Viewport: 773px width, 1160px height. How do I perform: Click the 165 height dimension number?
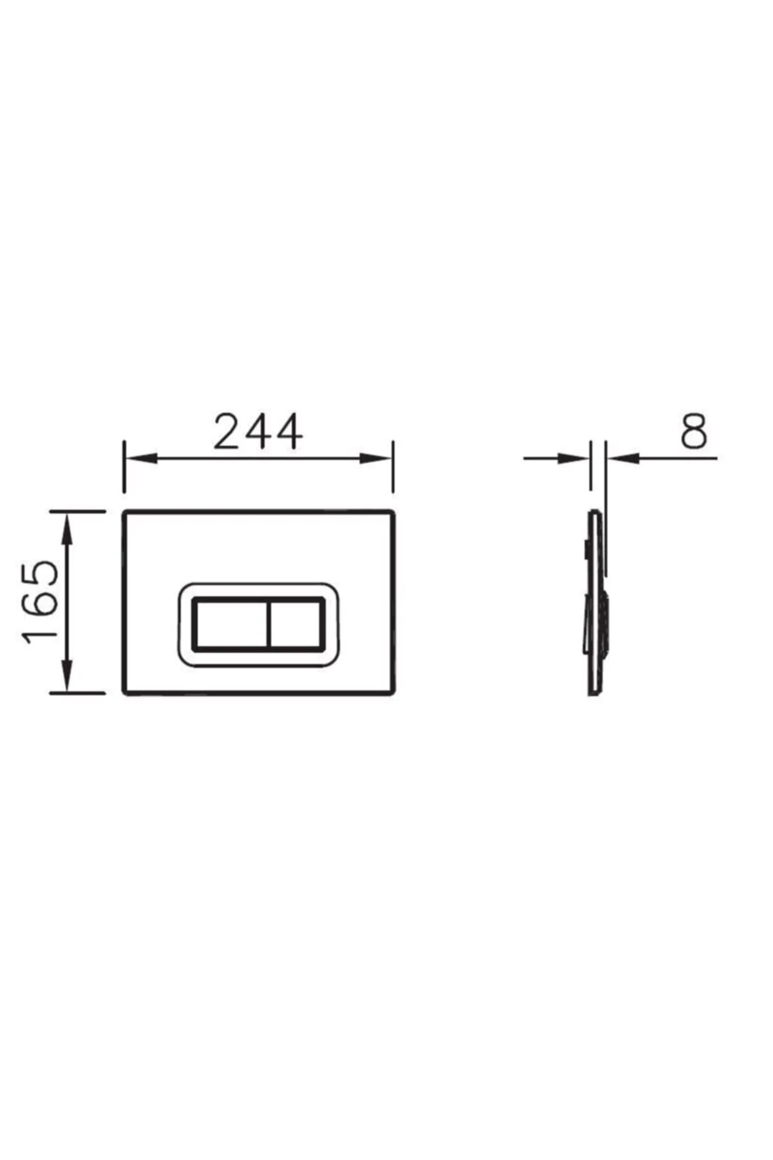41,602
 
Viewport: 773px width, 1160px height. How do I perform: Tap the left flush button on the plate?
230,624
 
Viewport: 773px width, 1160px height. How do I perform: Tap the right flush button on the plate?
296,624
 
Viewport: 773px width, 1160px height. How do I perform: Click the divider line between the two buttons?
267,624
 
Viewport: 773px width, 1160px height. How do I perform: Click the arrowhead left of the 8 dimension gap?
577,458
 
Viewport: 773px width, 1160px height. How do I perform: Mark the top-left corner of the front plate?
124,513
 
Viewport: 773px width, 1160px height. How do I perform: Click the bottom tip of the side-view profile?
594,693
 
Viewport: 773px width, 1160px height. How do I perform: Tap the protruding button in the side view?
604,624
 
